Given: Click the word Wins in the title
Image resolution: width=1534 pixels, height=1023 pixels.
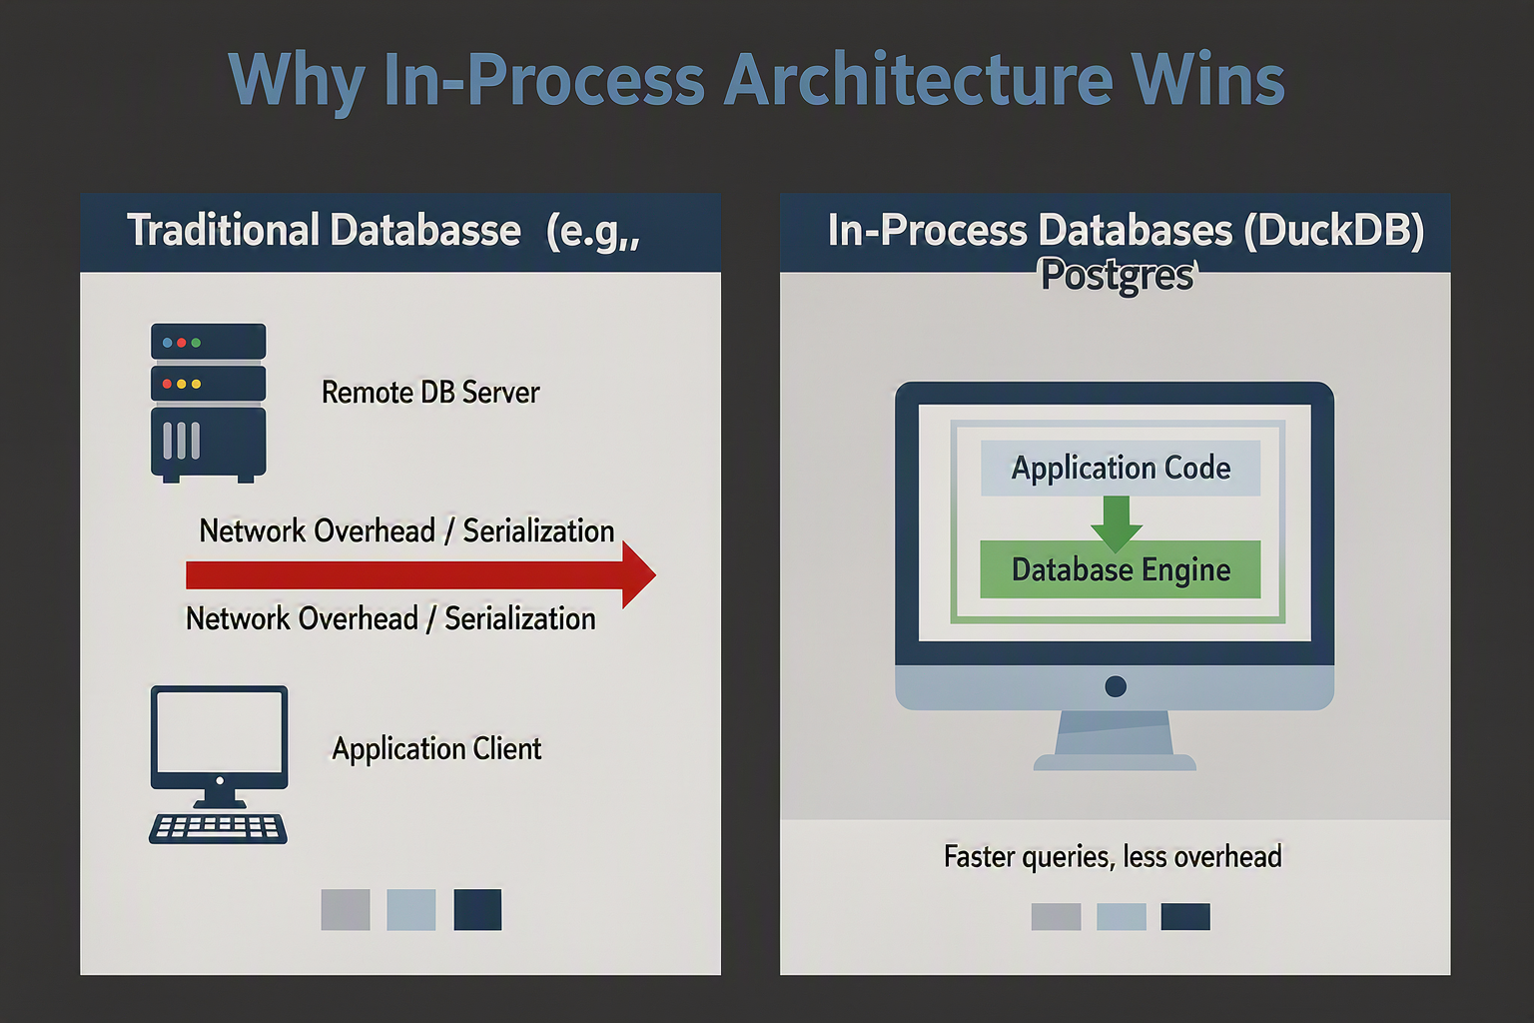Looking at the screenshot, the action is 1207,80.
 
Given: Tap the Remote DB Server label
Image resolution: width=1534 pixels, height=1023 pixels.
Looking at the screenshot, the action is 430,393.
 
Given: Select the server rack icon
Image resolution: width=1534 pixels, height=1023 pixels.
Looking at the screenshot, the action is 208,403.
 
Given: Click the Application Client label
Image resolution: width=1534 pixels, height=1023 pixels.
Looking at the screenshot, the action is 436,748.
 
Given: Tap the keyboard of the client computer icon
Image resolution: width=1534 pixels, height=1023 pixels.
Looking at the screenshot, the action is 218,829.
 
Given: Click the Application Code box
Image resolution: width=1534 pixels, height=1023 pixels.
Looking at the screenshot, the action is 1121,468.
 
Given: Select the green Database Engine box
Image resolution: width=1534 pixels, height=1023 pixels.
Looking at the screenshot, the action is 1121,569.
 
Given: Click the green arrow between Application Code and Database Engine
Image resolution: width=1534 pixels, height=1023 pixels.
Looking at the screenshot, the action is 1117,524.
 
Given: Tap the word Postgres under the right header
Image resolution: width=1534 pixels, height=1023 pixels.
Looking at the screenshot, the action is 1118,276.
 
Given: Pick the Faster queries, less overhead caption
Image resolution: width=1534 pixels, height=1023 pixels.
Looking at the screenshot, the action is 1113,857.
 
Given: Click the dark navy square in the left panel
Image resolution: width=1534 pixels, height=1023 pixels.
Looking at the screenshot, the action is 477,910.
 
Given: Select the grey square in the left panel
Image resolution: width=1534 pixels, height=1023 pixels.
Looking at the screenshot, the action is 346,910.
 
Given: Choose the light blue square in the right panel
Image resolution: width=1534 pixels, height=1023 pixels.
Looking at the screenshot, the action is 1122,917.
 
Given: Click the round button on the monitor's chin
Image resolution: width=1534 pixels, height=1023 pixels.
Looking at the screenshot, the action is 1116,686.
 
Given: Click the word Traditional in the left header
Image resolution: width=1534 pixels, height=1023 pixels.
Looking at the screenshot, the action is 224,230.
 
